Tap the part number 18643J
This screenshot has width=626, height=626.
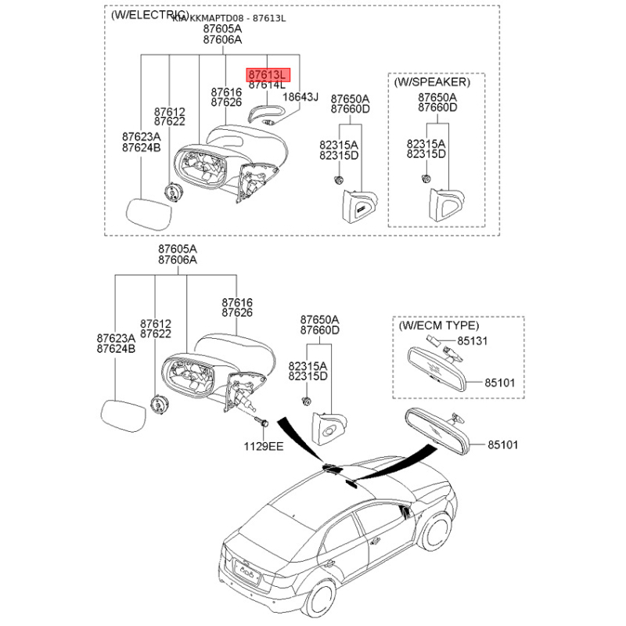(300, 97)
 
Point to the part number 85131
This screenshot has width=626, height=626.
(473, 341)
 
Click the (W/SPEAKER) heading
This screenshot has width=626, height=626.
(432, 81)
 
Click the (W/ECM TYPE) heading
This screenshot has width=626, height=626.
(439, 325)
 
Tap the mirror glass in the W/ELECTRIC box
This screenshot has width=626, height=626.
(149, 212)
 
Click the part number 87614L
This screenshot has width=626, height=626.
(268, 85)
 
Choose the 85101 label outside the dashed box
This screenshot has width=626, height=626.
(502, 444)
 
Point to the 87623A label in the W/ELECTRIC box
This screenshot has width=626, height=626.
(141, 136)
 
